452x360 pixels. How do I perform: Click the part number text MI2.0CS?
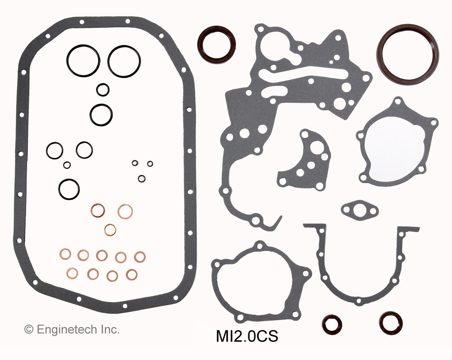(x=247, y=336)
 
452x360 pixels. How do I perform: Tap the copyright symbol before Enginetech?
(x=29, y=330)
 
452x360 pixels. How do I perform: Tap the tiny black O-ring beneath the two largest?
(x=102, y=89)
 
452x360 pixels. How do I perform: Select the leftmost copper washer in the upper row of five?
(x=65, y=254)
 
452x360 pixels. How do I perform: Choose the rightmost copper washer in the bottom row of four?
(x=132, y=275)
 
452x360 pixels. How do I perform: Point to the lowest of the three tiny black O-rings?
(x=142, y=178)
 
